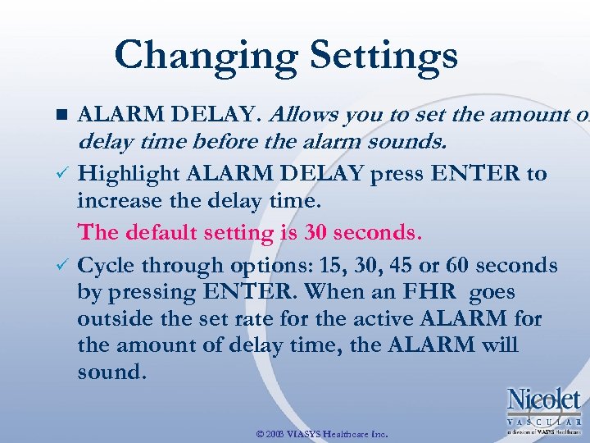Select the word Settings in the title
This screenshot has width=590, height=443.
[x=379, y=56]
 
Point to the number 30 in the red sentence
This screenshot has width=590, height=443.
[x=315, y=232]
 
